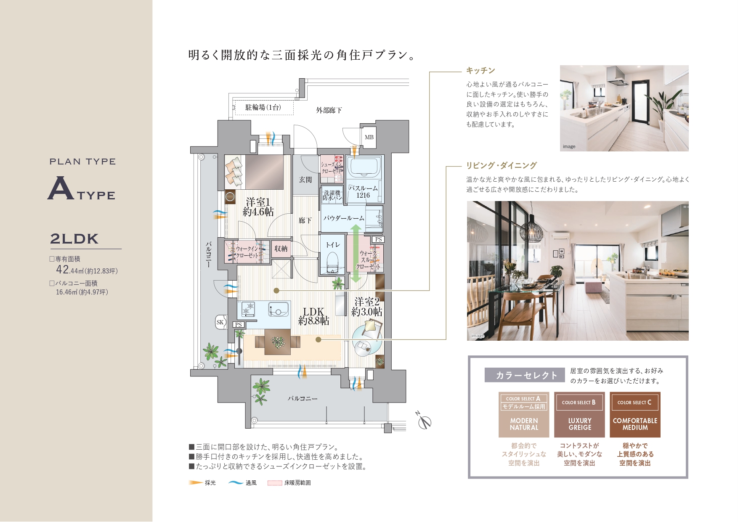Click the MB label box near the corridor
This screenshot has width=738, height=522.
coord(369,137)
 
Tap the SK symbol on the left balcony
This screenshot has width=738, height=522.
coord(220,322)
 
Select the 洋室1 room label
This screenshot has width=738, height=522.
coord(258,207)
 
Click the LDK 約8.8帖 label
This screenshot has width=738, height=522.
coord(313,316)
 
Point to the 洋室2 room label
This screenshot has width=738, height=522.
coord(367,307)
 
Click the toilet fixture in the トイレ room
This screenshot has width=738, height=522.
coord(332,262)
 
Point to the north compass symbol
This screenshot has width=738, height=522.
coord(424,421)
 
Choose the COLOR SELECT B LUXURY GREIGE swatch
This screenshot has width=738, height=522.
coord(579,415)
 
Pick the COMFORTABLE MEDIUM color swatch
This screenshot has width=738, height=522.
coord(635,415)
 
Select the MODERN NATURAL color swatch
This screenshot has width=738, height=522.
coord(524,415)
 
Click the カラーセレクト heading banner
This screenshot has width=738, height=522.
coord(525,375)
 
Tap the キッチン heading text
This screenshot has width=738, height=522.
coord(480,71)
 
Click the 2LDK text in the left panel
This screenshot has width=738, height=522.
coord(74,239)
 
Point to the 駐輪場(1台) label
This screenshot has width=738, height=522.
coord(263,108)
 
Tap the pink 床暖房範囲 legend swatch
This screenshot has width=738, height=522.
coord(275,483)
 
